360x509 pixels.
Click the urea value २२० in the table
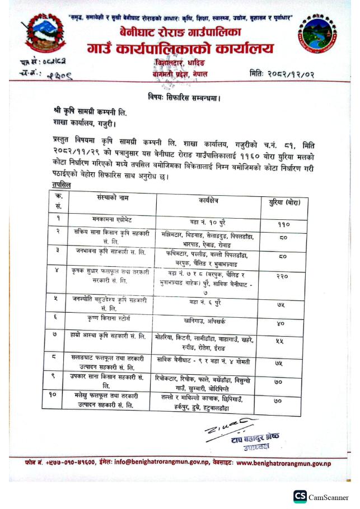[284, 276]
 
